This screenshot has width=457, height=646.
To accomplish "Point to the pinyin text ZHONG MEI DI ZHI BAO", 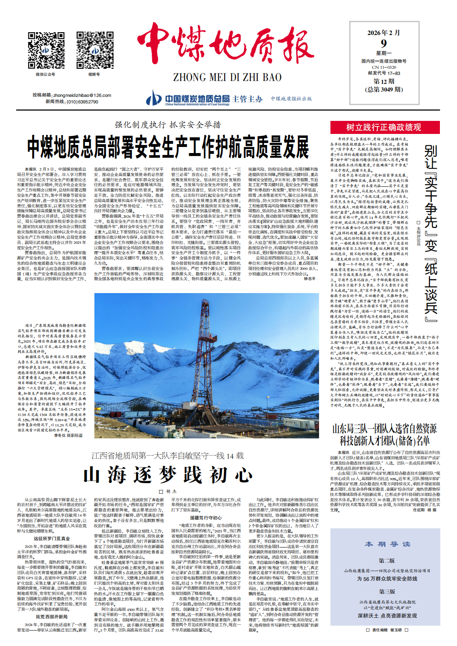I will click(x=227, y=77).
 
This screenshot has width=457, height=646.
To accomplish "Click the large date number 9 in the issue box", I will click(x=384, y=44).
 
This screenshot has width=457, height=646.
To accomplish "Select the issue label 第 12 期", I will click(x=384, y=81).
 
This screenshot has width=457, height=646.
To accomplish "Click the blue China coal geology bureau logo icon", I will click(x=154, y=98).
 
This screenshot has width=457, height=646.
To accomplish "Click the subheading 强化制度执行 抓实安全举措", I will click(x=168, y=125).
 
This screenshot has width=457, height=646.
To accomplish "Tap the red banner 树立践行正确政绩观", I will click(x=384, y=127).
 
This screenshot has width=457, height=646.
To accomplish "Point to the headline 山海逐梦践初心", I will click(x=168, y=475).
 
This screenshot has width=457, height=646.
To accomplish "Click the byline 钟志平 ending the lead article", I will click(x=309, y=279).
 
